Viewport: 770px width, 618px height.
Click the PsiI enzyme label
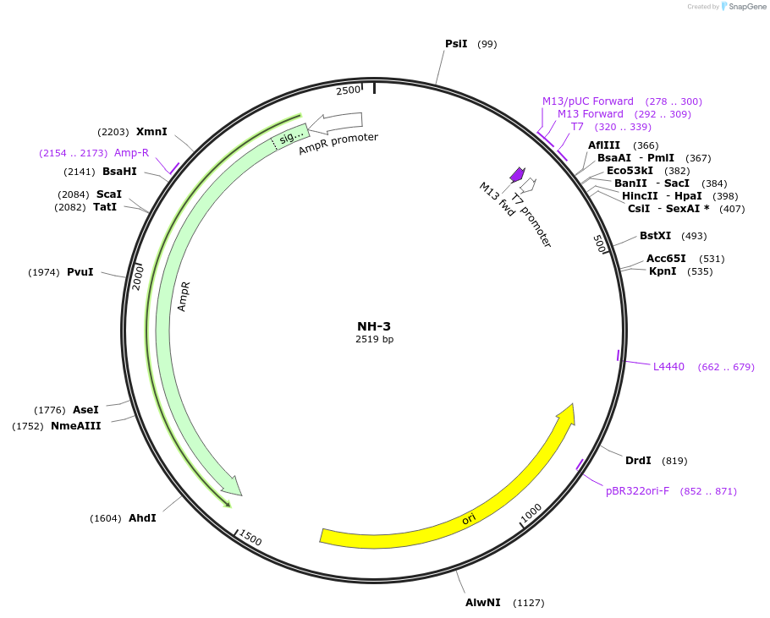point(456,44)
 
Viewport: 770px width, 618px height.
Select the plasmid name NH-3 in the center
point(374,325)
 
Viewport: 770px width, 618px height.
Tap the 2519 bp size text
point(374,340)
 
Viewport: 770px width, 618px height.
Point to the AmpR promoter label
point(338,143)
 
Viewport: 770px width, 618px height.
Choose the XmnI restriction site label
point(151,132)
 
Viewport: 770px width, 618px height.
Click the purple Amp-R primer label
point(131,153)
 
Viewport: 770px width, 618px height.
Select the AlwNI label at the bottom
point(482,603)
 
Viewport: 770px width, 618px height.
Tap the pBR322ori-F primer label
point(637,491)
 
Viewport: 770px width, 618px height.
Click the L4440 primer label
point(668,367)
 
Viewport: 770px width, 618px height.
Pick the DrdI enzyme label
point(638,461)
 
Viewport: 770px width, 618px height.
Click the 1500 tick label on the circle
point(250,538)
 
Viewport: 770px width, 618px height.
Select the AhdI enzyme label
point(142,518)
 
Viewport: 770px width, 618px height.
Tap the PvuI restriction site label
point(80,272)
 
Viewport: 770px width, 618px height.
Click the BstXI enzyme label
point(655,236)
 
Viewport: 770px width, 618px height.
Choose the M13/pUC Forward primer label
point(587,101)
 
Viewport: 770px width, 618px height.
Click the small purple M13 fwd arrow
point(517,174)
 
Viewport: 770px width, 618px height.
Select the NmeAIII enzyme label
point(75,426)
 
